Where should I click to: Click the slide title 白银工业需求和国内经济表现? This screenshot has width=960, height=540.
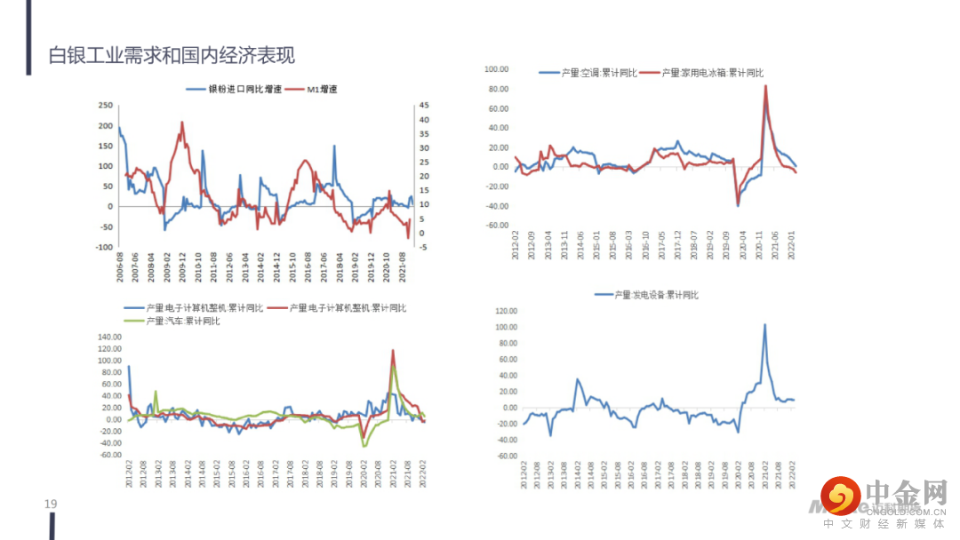coord(172,55)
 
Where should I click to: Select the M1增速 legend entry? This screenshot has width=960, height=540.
coord(321,89)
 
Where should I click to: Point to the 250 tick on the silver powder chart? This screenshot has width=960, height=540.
coord(105,105)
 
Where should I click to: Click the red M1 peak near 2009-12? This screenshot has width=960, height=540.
coord(182,123)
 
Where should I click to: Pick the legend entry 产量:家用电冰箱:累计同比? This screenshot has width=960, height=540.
coord(712,73)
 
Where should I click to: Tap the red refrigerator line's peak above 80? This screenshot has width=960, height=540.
coord(765,86)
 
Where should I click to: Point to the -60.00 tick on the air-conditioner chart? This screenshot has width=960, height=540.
coord(496,225)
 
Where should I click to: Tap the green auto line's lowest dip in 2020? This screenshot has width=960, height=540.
coord(364,446)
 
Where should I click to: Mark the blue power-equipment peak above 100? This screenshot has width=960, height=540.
coord(764,325)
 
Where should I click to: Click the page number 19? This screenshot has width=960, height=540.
coord(51,504)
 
